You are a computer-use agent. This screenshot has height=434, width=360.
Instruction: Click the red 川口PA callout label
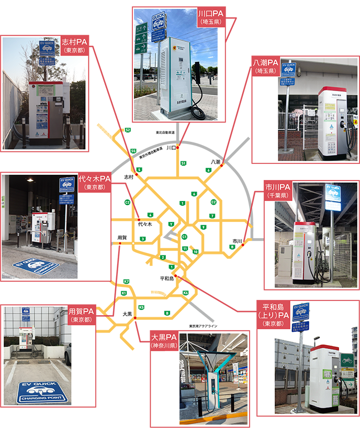tap(211, 17)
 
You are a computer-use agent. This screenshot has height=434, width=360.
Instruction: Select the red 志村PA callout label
tap(75, 44)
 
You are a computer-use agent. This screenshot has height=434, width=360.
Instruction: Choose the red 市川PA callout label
tap(277, 190)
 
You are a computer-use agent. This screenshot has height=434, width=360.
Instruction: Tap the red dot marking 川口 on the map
tap(178, 148)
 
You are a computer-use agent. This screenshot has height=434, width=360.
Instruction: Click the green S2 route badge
tap(128, 130)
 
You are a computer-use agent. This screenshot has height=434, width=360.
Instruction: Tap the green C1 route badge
tap(184, 237)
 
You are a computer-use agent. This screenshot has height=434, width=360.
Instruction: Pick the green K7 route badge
tap(126, 282)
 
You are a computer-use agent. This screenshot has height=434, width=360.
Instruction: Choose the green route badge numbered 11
tap(185, 248)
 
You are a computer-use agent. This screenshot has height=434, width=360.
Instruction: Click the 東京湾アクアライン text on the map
tap(203, 326)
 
